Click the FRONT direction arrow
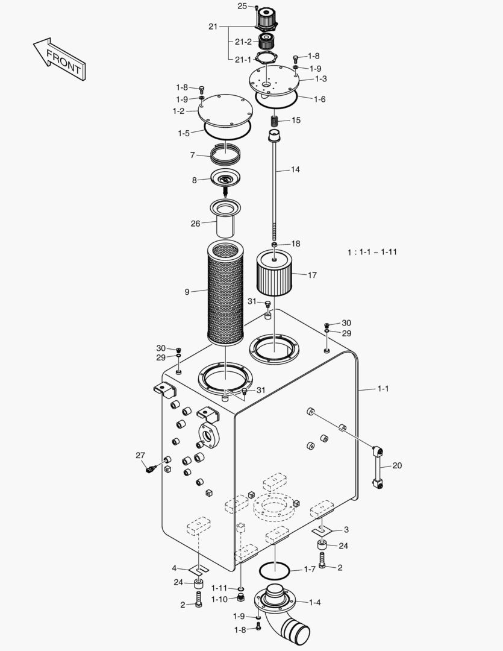60,59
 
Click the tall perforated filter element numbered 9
225,292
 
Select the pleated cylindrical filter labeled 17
274,272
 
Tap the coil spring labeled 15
274,121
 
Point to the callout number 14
295,169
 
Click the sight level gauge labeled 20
378,467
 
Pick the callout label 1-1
383,389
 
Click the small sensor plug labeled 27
150,469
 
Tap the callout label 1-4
314,602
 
